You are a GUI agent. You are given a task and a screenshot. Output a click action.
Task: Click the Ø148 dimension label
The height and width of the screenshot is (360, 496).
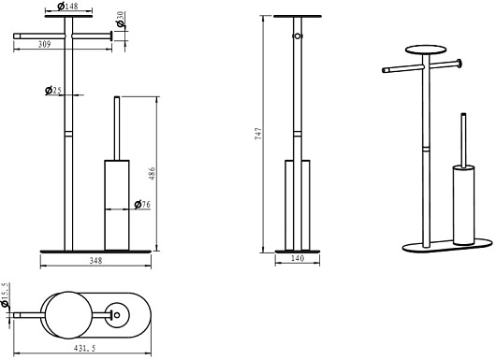coord(68,6)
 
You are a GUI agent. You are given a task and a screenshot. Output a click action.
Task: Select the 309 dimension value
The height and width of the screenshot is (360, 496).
coord(44,44)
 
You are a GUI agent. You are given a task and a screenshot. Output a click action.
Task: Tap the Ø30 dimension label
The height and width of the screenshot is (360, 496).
coord(120,20)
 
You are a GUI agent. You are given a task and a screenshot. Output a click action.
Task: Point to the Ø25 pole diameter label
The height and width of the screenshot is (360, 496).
coord(53,91)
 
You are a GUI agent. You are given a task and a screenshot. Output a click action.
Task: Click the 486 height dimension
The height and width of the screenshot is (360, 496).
coord(153,174)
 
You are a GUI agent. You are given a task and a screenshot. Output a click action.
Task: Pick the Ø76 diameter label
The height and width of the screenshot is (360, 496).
coord(142,205)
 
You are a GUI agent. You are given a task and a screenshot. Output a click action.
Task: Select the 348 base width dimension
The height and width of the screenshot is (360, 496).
coord(95,261)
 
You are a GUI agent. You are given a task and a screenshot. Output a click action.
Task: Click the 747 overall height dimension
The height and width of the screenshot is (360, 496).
coord(258,134)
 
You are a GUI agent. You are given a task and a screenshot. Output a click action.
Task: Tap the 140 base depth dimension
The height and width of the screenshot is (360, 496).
coord(298,258)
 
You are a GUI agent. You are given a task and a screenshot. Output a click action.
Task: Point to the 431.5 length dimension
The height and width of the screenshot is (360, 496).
coord(84,348)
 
